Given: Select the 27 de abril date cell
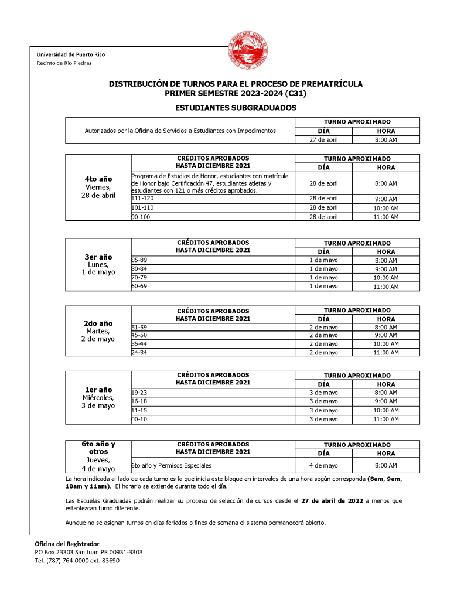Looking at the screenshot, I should coord(323,139).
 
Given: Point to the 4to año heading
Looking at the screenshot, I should coord(98,179).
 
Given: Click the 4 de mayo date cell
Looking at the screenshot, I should coord(323,466).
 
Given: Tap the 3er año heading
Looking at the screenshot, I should coord(98,257).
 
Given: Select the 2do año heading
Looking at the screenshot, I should coord(98,323).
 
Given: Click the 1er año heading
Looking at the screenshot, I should coord(98,390).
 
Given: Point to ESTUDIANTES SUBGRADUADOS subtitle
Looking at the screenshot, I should coord(236,108).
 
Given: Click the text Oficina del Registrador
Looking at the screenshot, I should coord(67,544).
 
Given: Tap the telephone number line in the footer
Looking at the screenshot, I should coord(77,561).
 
